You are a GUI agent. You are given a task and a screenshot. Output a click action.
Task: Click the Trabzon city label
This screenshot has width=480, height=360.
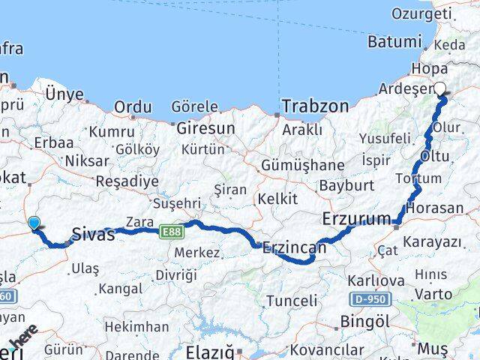pos(316,106)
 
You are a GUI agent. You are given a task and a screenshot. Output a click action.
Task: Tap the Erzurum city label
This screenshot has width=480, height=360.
pos(356,220)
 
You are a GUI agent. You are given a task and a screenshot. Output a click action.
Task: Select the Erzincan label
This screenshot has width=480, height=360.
pos(295,247)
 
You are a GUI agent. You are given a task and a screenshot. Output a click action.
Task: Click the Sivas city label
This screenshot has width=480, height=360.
pos(94,234)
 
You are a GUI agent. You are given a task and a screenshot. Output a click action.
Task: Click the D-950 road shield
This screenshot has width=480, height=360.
pos(370,299)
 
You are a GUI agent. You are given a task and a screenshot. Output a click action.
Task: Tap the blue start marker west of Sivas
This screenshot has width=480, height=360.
pos(33,222)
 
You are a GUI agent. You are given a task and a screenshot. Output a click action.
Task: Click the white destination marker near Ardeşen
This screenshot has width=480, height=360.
pos(440,88)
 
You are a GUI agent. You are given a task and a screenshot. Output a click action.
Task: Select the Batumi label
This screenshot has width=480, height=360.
pos(395,43)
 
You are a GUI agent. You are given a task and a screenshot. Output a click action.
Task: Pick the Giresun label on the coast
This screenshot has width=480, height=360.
pos(205,128)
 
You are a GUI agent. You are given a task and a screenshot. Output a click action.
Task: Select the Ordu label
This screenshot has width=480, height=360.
pos(132,107)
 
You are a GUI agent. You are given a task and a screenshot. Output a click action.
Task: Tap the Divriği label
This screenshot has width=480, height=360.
pos(176,275)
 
